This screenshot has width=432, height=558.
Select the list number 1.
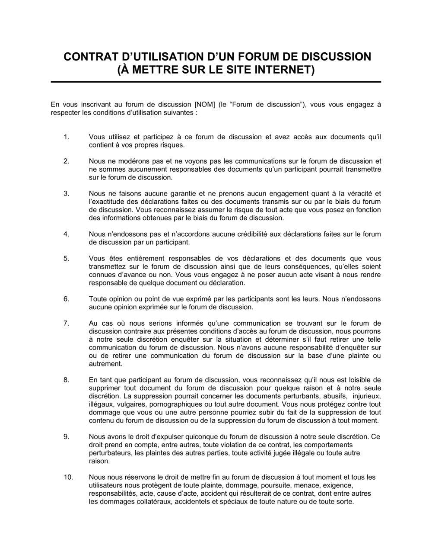66,137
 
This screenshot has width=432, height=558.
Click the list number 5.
66,259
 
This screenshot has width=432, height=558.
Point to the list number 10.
68,478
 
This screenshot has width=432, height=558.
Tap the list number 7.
66,323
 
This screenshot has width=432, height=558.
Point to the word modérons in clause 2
133,161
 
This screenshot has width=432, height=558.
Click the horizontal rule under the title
216,82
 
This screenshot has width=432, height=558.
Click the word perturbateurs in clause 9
109,453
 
